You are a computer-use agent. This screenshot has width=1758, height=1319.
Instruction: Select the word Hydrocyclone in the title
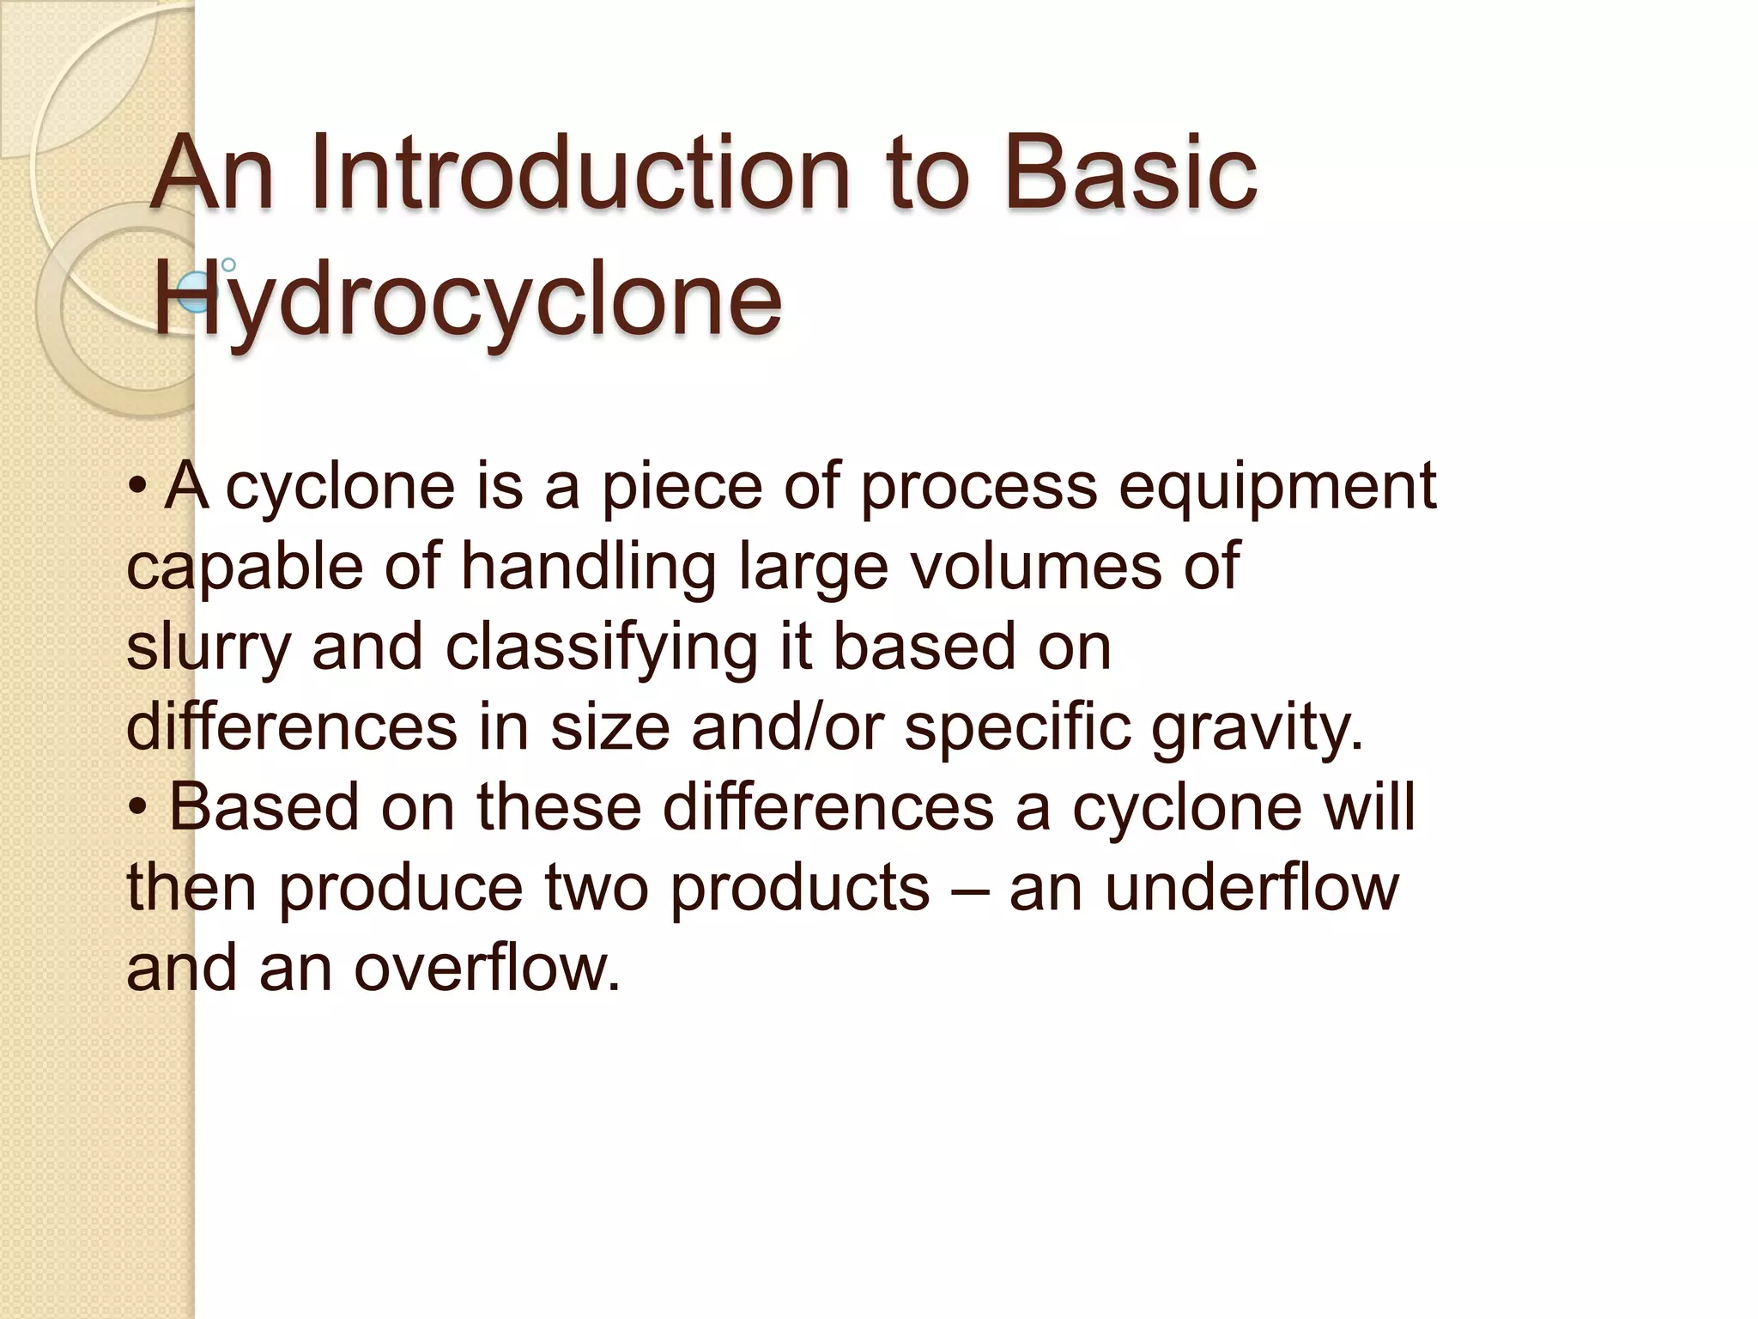pos(468,300)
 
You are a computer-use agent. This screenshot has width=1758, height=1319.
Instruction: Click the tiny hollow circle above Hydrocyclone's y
pos(228,264)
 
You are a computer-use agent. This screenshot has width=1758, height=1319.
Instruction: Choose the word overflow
pos(487,968)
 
